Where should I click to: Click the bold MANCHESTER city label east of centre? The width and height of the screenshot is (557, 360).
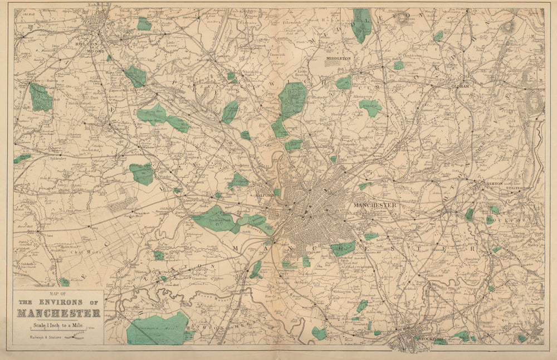(x=375, y=206)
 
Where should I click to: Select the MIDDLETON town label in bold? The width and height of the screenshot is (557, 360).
(x=339, y=57)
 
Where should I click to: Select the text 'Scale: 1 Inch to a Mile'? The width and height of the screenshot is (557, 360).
(x=58, y=324)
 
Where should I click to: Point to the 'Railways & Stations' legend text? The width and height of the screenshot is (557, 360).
(x=38, y=337)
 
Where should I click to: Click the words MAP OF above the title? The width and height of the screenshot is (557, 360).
(x=58, y=294)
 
